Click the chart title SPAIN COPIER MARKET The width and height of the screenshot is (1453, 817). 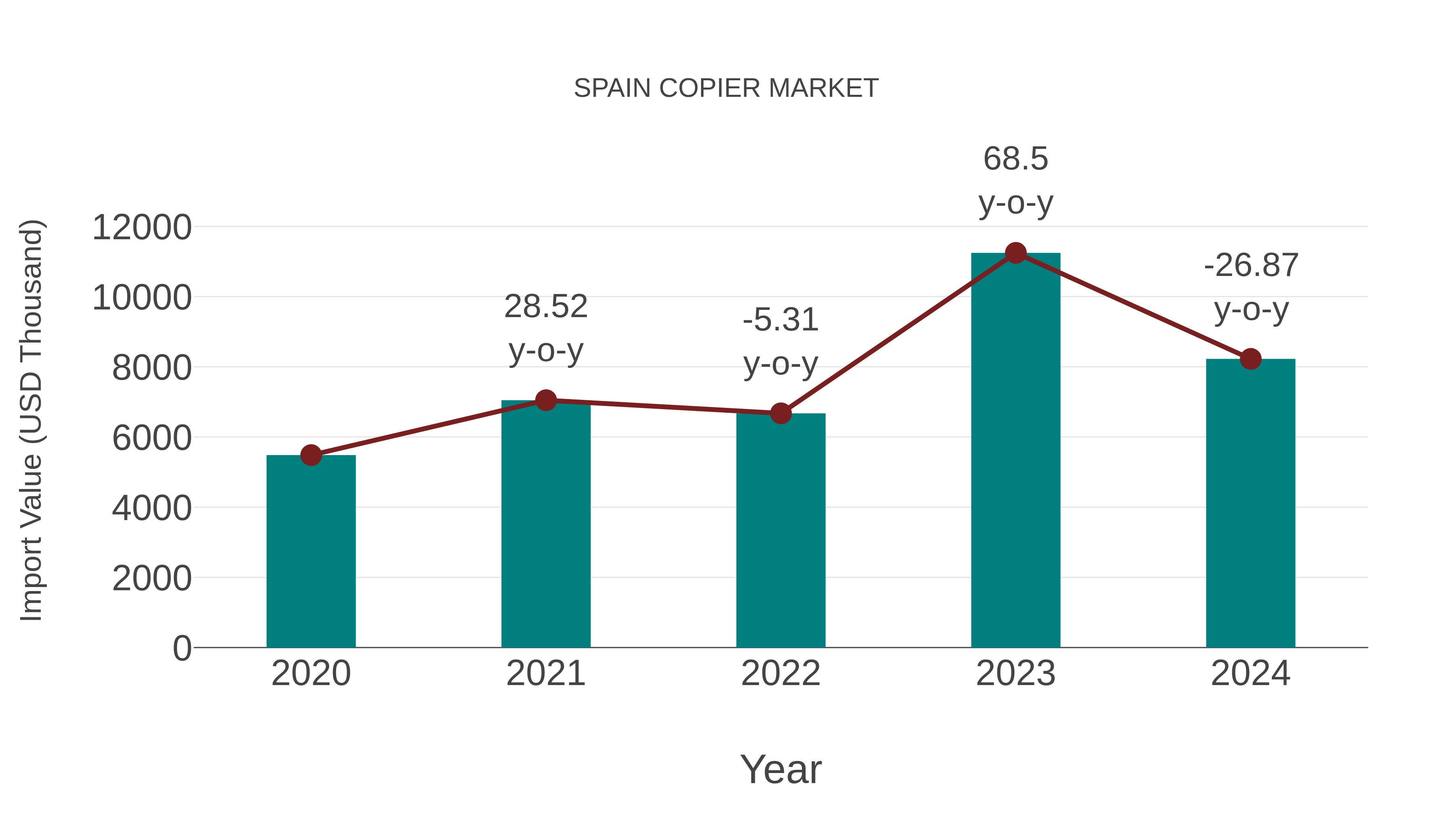point(726,88)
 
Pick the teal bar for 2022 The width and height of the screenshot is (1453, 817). point(780,530)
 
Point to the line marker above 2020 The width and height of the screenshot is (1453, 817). point(311,455)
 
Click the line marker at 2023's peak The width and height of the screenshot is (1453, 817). point(1015,253)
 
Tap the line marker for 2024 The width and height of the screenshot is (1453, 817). point(1250,359)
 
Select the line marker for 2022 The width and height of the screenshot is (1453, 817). point(780,413)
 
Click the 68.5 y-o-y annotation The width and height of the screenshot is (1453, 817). point(1015,180)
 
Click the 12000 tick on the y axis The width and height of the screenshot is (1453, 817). point(142,228)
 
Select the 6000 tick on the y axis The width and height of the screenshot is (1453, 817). point(152,438)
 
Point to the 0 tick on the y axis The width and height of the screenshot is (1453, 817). point(182,648)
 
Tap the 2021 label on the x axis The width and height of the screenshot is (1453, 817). point(545,673)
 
